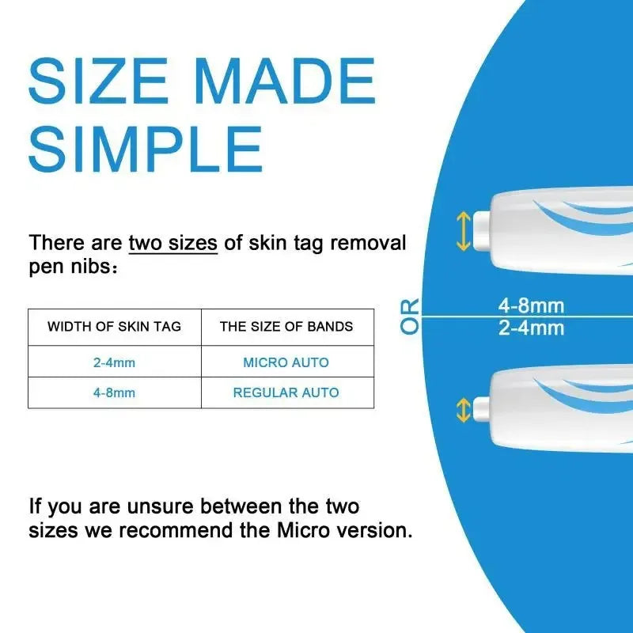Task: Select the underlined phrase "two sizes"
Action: (172, 242)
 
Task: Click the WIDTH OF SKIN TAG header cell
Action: (114, 327)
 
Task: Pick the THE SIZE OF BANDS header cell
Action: (286, 327)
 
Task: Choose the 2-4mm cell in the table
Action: (114, 362)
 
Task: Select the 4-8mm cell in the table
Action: (114, 392)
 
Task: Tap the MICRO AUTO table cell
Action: (286, 362)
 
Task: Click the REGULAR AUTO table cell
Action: (286, 392)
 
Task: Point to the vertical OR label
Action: (410, 316)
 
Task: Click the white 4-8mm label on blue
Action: (531, 305)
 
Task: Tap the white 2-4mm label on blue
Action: (531, 328)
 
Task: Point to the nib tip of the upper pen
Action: (479, 231)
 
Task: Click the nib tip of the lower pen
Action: (479, 410)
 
